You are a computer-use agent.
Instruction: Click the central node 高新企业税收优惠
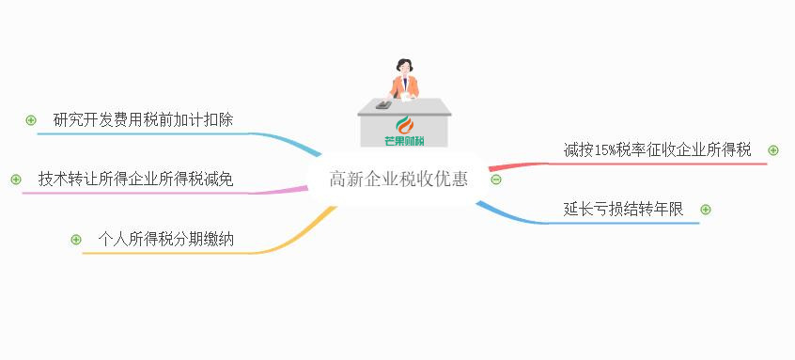point(397,179)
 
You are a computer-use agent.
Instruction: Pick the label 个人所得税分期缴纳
point(166,240)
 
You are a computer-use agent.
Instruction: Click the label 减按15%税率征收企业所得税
point(657,150)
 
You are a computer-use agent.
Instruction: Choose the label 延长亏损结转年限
point(624,210)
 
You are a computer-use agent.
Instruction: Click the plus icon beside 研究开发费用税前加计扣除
point(31,120)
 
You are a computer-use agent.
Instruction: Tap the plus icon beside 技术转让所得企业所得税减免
point(15,179)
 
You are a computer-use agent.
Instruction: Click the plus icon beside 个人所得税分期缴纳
point(76,240)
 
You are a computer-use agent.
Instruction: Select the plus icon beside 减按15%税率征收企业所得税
point(773,150)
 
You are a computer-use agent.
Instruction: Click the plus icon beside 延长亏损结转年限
point(706,210)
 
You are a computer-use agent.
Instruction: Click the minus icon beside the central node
point(496,180)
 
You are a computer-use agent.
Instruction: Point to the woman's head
point(405,67)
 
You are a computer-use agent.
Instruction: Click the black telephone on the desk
point(383,104)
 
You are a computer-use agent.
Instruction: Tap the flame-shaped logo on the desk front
point(405,126)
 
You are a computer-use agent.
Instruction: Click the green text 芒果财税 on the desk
point(405,141)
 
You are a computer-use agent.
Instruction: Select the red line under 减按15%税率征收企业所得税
point(658,164)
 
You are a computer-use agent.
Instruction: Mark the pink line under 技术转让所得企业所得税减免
point(141,193)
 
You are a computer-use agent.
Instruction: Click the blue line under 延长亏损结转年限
point(620,223)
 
